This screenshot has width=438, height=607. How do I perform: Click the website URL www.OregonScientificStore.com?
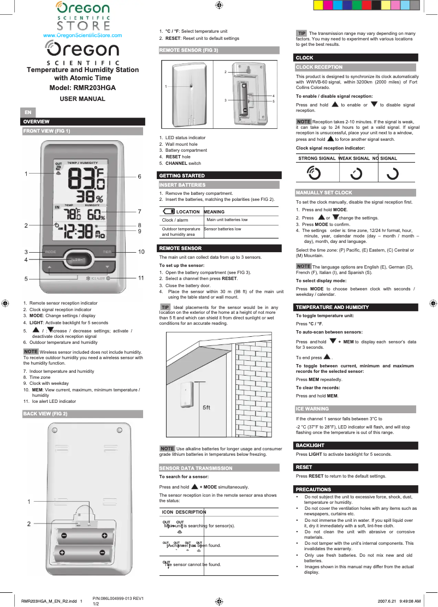pyautogui.click(x=82, y=35)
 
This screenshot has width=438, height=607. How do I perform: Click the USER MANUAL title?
pyautogui.click(x=82, y=99)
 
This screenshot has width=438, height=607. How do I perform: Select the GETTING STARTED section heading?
pyautogui.click(x=182, y=176)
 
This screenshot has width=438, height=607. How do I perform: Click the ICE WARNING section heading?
pyautogui.click(x=312, y=408)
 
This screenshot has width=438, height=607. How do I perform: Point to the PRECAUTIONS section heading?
pyautogui.click(x=313, y=489)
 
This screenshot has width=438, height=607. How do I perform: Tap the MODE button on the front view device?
pyautogui.click(x=51, y=252)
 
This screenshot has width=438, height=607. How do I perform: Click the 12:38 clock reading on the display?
pyautogui.click(x=79, y=232)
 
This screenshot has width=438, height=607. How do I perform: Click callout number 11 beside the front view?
pyautogui.click(x=141, y=278)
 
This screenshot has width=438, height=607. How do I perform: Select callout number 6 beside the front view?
pyautogui.click(x=140, y=176)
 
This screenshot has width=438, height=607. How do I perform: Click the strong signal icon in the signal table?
pyautogui.click(x=314, y=173)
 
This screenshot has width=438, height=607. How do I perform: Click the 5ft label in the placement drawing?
pyautogui.click(x=206, y=408)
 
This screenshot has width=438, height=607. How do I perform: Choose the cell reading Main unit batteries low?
pyautogui.click(x=227, y=219)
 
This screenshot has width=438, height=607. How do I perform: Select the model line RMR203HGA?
pyautogui.click(x=82, y=88)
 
